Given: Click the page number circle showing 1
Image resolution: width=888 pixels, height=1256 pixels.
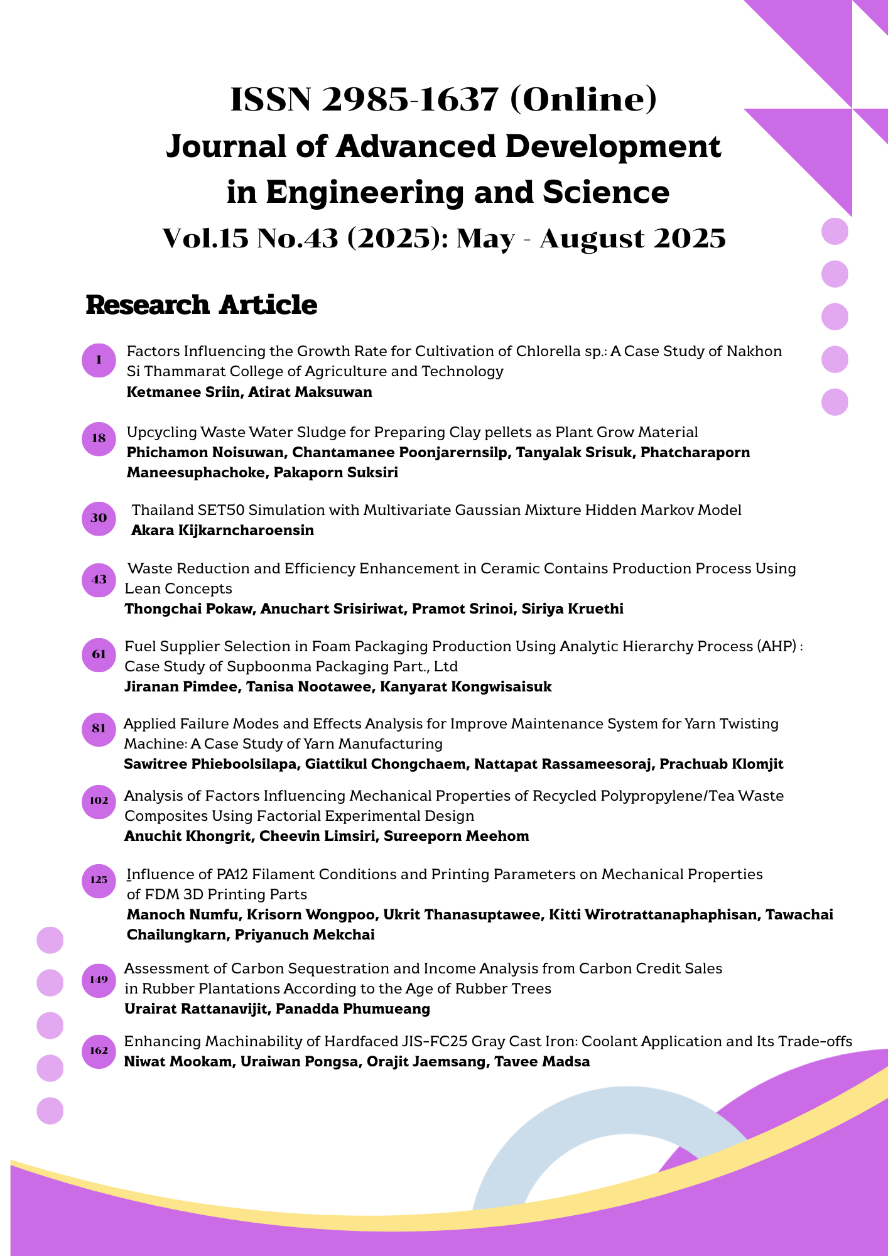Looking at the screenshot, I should click(x=99, y=360).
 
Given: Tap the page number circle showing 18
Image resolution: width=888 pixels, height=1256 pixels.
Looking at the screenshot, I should click(x=99, y=438).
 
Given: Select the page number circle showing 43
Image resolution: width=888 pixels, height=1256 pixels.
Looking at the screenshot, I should click(x=99, y=580).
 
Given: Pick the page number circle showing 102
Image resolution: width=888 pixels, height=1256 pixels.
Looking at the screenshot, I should click(x=99, y=801).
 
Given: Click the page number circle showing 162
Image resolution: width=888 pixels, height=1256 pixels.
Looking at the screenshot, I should click(x=99, y=1051).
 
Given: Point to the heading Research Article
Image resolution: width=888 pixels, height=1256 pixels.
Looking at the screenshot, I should click(x=202, y=305).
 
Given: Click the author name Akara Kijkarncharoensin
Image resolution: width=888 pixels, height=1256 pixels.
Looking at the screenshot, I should click(x=222, y=531).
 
